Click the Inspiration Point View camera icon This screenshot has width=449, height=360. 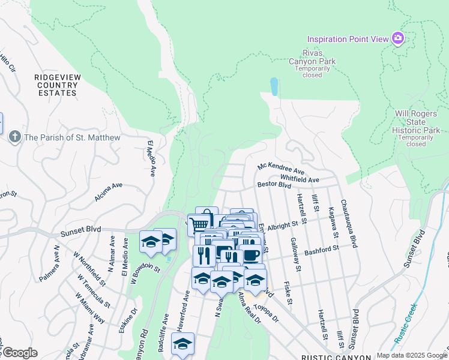point(397,39)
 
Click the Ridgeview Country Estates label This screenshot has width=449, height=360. point(56,85)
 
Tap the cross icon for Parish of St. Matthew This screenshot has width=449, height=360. point(15,137)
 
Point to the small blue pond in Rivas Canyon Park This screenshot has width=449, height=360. point(274,87)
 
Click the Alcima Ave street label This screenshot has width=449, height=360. point(108,191)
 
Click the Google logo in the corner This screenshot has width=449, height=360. point(20,353)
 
